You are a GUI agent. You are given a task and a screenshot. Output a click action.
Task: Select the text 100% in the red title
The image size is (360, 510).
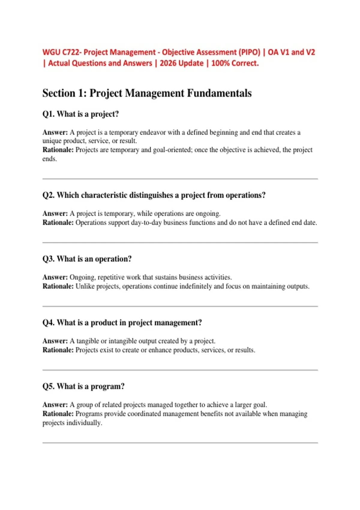220,63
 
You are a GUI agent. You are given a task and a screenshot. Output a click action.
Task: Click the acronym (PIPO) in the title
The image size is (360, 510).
249,52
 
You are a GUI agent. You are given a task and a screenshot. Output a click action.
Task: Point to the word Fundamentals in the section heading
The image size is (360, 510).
219,93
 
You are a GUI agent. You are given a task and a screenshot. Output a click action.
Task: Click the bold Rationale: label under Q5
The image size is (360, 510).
58,414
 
